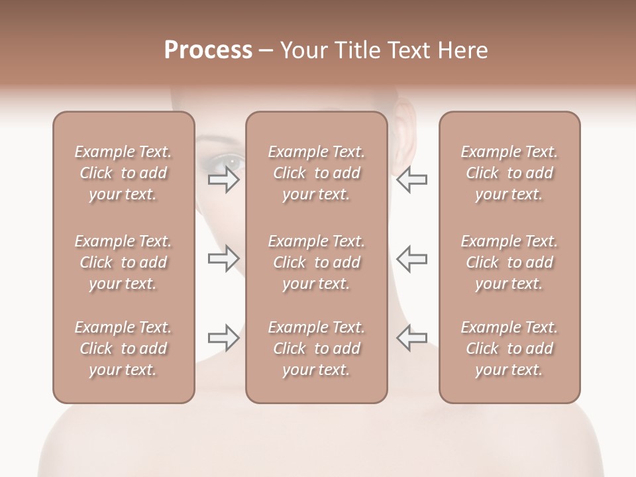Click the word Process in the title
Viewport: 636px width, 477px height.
[208, 50]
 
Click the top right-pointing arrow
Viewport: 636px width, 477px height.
[224, 180]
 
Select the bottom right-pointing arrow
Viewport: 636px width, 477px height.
[224, 338]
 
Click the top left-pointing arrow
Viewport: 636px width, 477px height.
[412, 180]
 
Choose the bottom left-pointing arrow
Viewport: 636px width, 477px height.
[412, 338]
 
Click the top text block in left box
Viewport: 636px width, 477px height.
[123, 173]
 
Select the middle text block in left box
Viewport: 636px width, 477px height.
[123, 262]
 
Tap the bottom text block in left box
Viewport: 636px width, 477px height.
[123, 348]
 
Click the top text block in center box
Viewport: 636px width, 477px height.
[316, 173]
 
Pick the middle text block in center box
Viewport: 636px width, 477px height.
[316, 262]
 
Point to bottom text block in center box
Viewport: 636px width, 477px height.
[316, 348]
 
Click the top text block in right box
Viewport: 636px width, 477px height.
[509, 173]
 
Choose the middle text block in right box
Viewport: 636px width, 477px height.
[509, 262]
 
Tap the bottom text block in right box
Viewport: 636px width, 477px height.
[509, 348]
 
